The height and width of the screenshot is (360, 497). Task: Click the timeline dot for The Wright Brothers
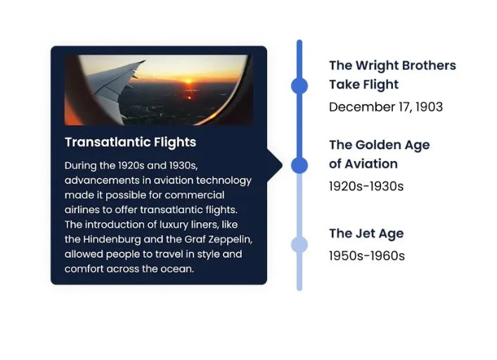coord(299,85)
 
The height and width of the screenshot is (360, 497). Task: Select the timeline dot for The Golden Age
coord(299,165)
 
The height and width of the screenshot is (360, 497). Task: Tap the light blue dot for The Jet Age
coord(299,244)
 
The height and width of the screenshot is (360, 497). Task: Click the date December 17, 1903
coord(385,107)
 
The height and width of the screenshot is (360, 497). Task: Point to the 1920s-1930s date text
coord(366,186)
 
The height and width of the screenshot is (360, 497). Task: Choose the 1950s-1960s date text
coord(366,256)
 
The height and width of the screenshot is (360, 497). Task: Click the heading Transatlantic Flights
coord(130,142)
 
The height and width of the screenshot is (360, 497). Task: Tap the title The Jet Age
coord(366,233)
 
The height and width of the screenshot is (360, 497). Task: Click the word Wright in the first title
coord(376,65)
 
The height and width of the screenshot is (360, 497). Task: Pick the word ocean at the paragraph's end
coord(176,269)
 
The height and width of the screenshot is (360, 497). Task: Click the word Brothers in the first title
coord(425,65)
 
